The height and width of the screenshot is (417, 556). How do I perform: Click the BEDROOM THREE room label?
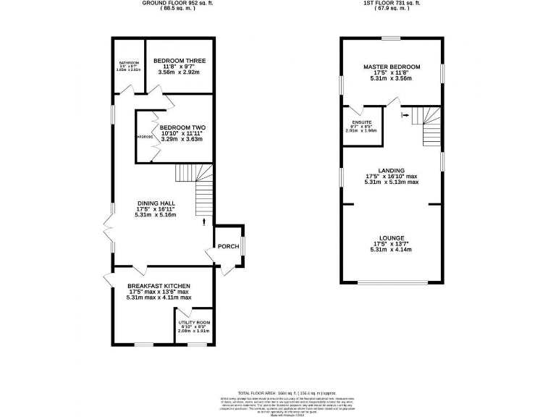(x=180, y=61)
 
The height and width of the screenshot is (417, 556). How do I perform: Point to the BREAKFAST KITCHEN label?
(x=159, y=285)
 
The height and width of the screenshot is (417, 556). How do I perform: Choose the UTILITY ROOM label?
(x=194, y=321)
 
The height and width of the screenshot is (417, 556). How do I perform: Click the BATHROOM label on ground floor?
(x=129, y=63)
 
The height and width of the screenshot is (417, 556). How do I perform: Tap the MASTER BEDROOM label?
(x=392, y=67)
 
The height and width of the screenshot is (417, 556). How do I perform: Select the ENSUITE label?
(x=362, y=122)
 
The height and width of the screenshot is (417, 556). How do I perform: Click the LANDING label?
(x=392, y=170)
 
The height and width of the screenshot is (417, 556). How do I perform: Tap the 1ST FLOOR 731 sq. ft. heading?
(x=392, y=4)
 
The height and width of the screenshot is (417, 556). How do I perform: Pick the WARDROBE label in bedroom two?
(x=144, y=135)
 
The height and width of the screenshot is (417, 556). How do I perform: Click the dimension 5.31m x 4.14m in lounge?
(x=392, y=250)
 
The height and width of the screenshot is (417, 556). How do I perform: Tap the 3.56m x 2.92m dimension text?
(x=180, y=73)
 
